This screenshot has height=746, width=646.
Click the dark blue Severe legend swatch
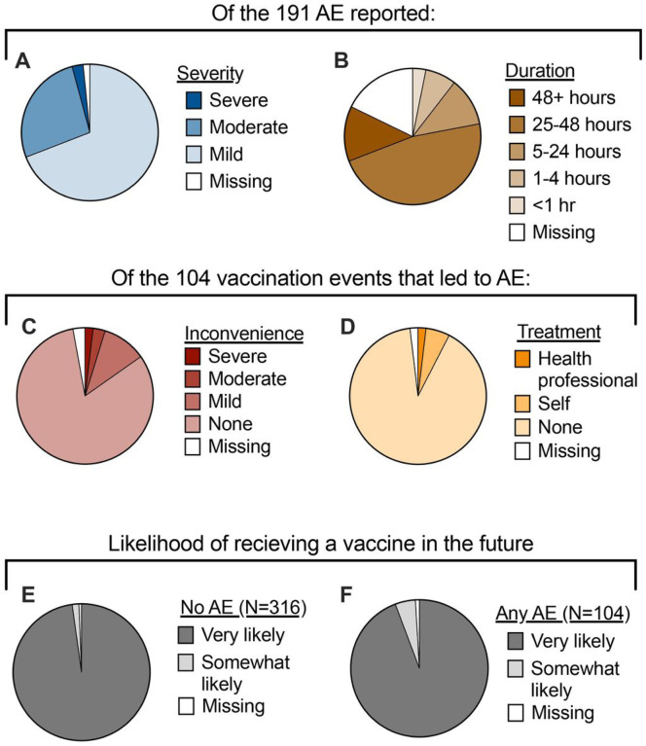(x=189, y=98)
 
